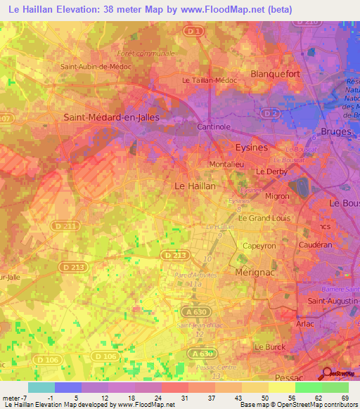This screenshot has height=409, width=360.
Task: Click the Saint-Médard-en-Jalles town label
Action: pos(111,117)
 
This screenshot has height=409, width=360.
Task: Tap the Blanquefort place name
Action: pos(278,73)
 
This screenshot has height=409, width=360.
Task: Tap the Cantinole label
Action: pos(214,126)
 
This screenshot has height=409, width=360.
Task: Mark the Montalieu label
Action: pos(226,164)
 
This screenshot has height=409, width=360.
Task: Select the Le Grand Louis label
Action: pos(264,218)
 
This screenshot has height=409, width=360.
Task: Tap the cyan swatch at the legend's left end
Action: pos(41,387)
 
